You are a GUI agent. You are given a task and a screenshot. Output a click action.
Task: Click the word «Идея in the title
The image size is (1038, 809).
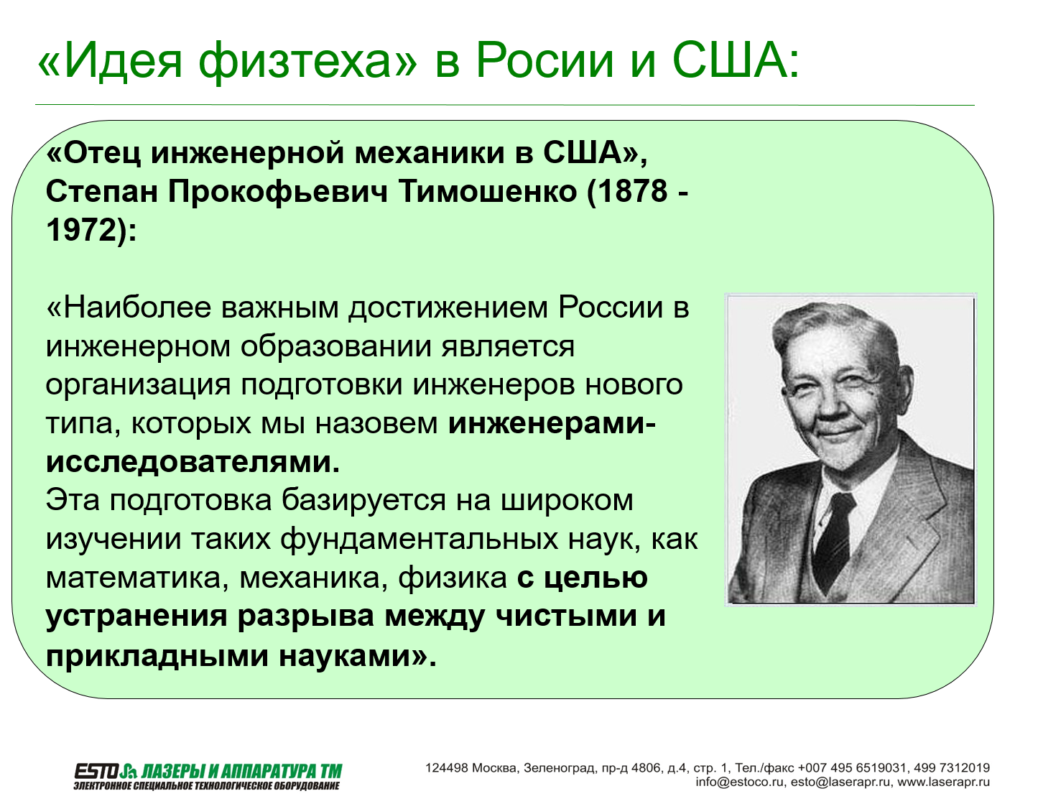[x=111, y=60]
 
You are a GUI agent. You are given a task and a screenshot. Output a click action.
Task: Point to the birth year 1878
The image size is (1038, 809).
[x=632, y=191]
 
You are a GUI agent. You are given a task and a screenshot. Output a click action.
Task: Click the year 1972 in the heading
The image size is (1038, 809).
[x=82, y=230]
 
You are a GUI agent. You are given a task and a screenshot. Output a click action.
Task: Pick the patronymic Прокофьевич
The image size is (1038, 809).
[x=278, y=192]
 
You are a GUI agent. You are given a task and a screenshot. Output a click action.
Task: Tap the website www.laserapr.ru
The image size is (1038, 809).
[x=943, y=782]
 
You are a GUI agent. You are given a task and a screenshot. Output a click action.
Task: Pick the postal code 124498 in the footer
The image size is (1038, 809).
[x=447, y=768]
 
